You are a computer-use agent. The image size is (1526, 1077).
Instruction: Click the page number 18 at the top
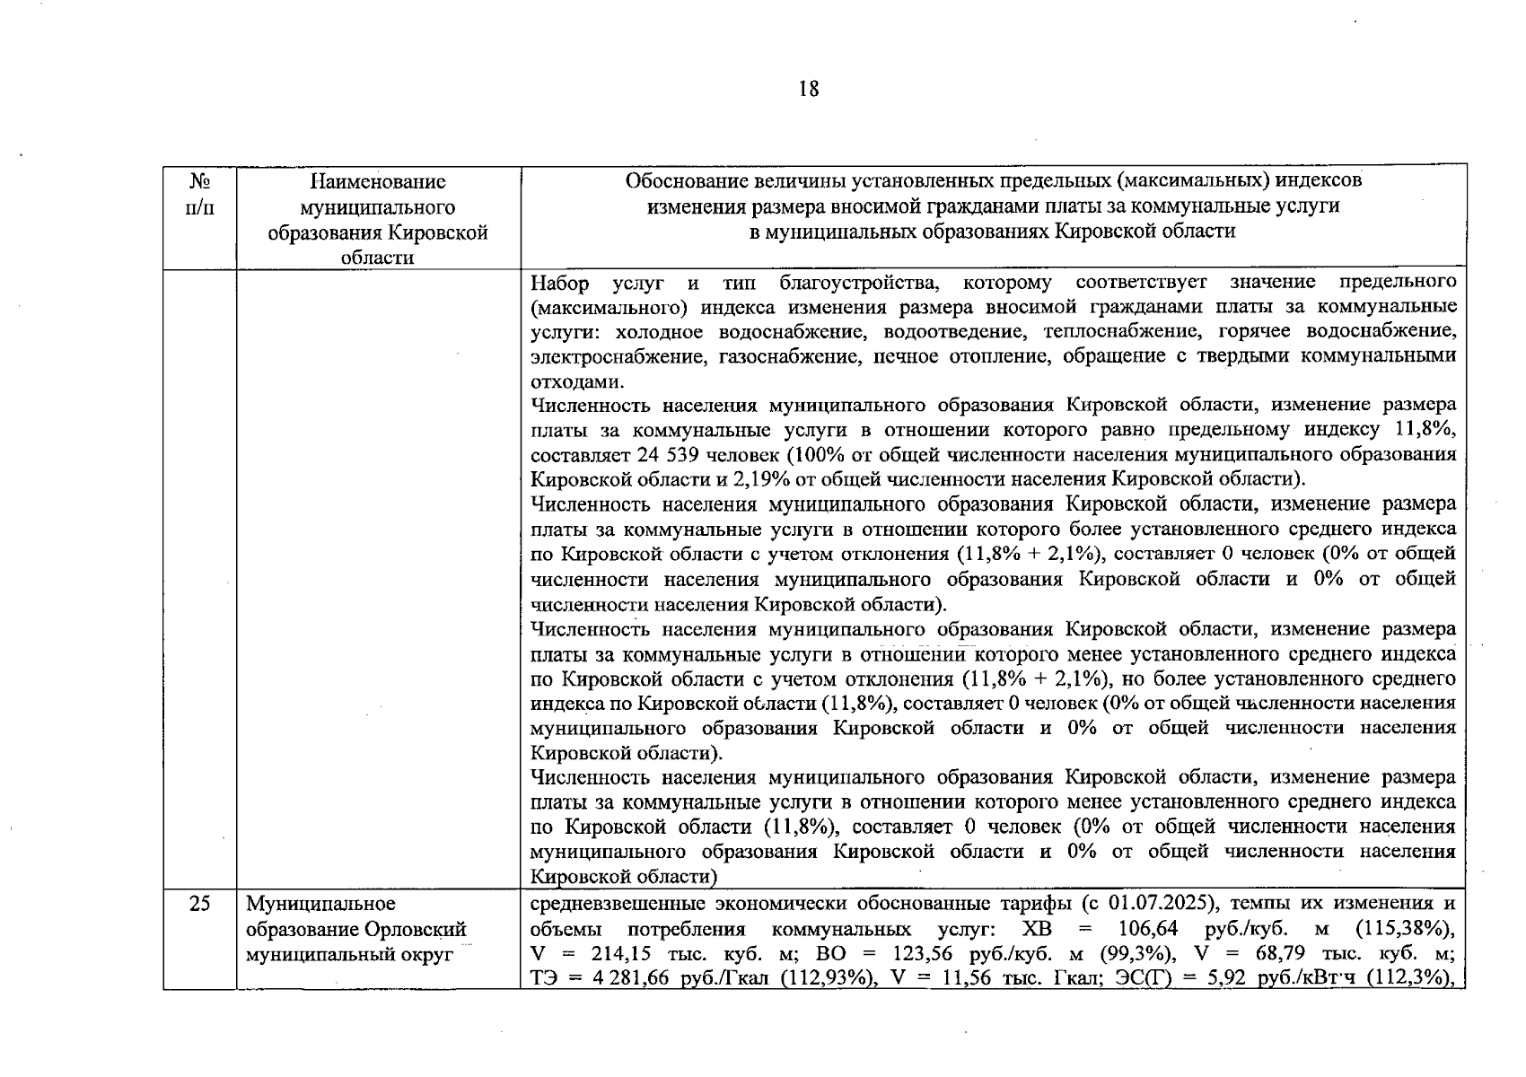(x=808, y=88)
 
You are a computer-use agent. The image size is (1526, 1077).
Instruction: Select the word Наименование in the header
(x=378, y=182)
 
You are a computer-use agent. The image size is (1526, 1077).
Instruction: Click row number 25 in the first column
(x=199, y=904)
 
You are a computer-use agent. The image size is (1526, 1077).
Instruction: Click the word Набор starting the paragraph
(x=560, y=284)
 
